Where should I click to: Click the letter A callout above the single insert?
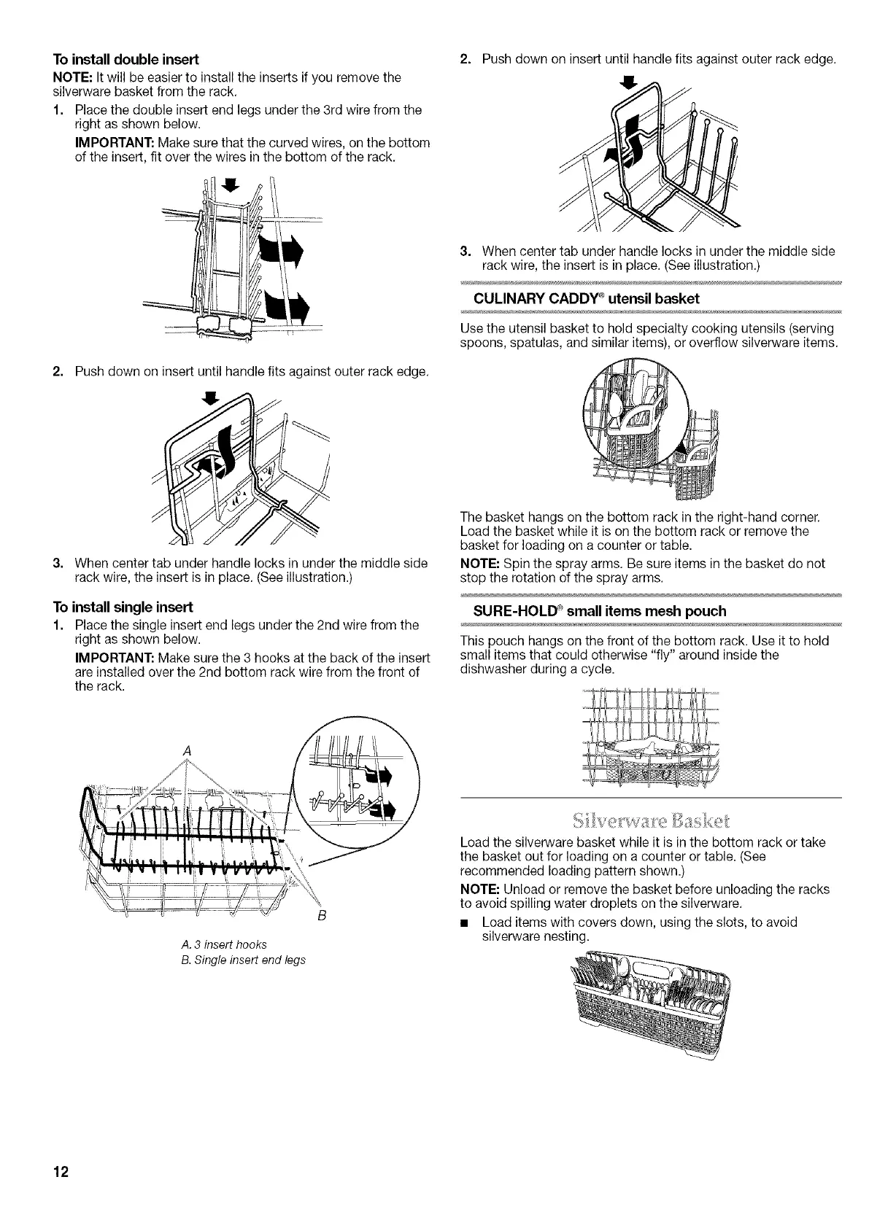(188, 751)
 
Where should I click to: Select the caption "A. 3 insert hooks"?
(212, 945)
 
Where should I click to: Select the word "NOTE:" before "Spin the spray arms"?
(479, 564)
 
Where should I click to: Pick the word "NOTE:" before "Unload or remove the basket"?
(479, 890)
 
